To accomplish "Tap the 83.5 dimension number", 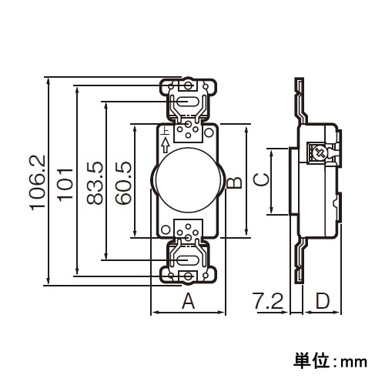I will [93, 183].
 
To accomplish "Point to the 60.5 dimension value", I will [121, 183].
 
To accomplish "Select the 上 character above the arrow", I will [165, 132].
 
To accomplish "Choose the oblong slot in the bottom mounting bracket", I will [186, 259].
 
